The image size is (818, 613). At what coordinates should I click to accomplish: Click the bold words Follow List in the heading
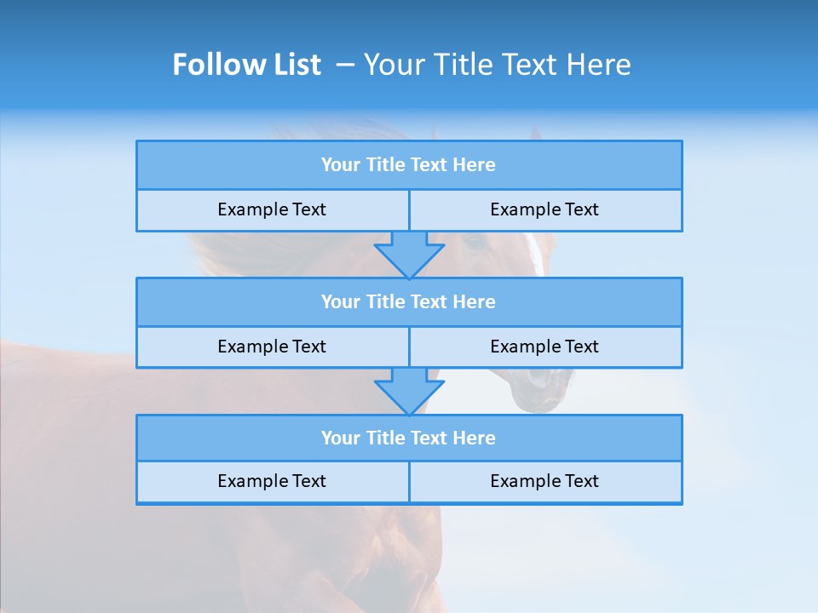(x=246, y=65)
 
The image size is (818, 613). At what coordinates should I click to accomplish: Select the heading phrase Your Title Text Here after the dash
(x=497, y=65)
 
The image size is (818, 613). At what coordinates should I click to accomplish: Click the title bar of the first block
(x=409, y=165)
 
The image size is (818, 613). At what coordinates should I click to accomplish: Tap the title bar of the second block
(x=409, y=302)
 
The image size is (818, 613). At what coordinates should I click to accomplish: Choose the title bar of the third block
(x=409, y=438)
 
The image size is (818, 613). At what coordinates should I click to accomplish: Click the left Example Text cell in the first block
(x=272, y=210)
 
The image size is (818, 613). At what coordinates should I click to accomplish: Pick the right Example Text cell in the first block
(x=545, y=210)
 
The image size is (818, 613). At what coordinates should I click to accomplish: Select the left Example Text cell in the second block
(x=272, y=347)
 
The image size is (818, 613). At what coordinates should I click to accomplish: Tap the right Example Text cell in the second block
(x=545, y=347)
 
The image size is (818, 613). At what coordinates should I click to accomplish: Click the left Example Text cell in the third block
(x=272, y=482)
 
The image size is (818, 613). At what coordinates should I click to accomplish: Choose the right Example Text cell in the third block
(x=545, y=482)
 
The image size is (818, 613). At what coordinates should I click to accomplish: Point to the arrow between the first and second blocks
(x=409, y=255)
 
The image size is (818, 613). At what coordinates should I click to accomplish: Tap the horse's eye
(x=475, y=243)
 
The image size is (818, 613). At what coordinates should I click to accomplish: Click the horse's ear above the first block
(x=534, y=134)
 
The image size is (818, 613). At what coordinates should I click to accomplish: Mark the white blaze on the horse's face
(x=535, y=254)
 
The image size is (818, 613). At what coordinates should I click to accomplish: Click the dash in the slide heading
(x=345, y=65)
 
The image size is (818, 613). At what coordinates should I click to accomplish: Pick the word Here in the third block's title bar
(x=475, y=438)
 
